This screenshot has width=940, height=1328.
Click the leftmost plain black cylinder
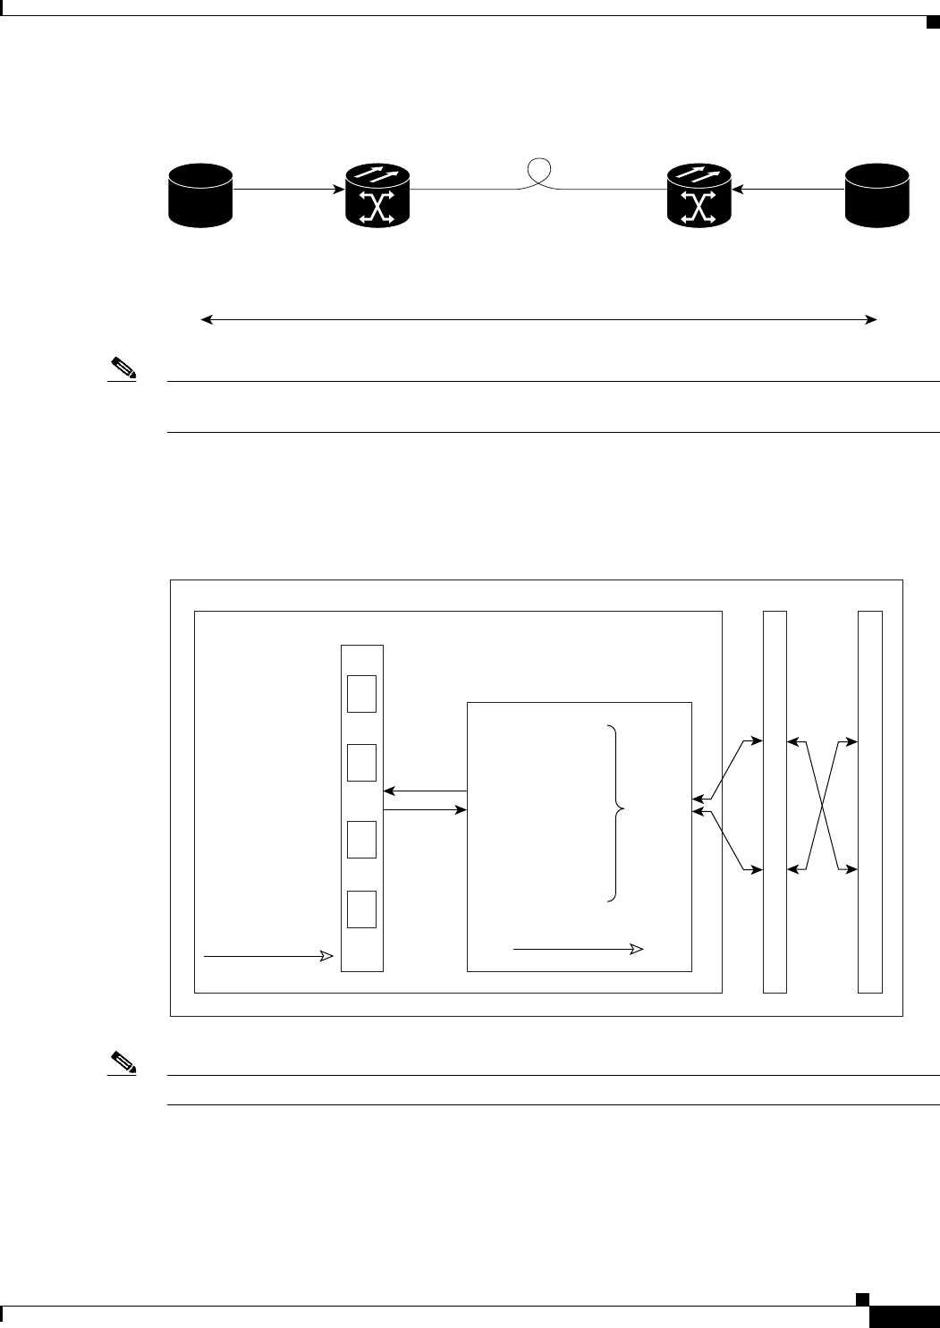tap(201, 194)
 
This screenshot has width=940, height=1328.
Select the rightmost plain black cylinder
tap(877, 194)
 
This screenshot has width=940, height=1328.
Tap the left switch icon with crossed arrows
tap(377, 194)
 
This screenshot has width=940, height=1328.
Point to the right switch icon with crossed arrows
tap(699, 194)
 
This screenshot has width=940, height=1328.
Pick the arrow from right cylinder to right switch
tap(788, 190)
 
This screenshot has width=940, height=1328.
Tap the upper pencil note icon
tap(122, 367)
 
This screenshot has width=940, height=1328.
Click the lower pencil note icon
tap(122, 1062)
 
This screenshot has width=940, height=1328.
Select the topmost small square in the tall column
tap(361, 694)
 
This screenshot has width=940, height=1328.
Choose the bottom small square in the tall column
tap(361, 909)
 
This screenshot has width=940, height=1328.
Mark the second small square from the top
tap(361, 763)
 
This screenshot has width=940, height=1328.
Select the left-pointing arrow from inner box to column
tap(426, 791)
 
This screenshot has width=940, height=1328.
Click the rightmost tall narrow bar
tap(869, 801)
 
